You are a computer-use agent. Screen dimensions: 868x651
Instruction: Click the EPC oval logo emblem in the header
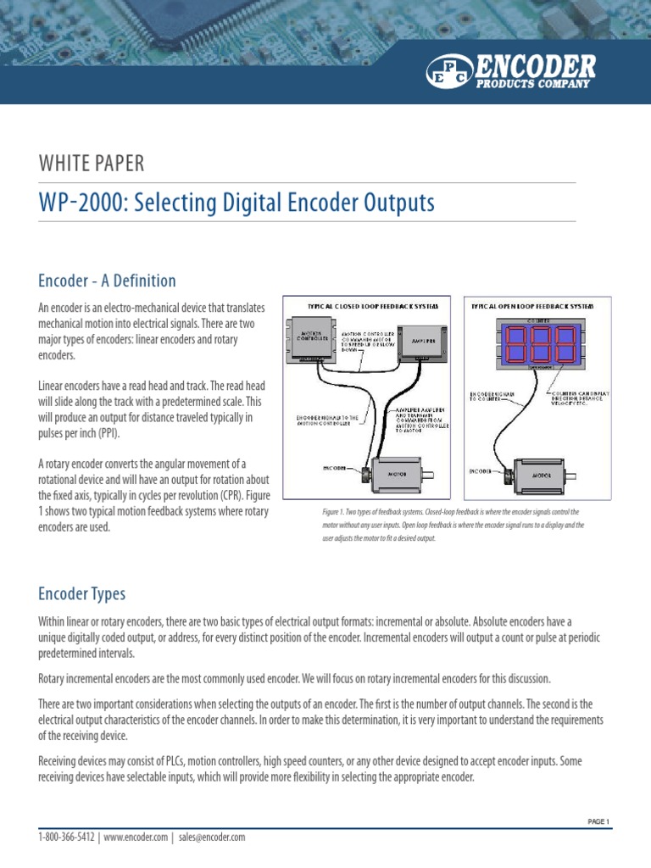tap(451, 70)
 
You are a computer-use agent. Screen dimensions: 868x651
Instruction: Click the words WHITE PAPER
tap(92, 164)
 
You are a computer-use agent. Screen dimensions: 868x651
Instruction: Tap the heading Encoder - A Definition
tap(108, 281)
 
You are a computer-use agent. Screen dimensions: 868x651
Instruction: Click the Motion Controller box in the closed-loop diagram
tap(314, 337)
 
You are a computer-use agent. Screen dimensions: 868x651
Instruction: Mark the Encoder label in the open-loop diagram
tap(480, 470)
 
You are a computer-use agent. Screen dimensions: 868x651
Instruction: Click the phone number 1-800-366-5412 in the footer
tap(67, 837)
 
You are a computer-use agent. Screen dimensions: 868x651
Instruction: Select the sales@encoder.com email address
tap(212, 837)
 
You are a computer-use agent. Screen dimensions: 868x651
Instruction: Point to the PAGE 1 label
tap(598, 821)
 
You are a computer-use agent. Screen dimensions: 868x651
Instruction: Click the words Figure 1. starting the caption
tap(327, 513)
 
